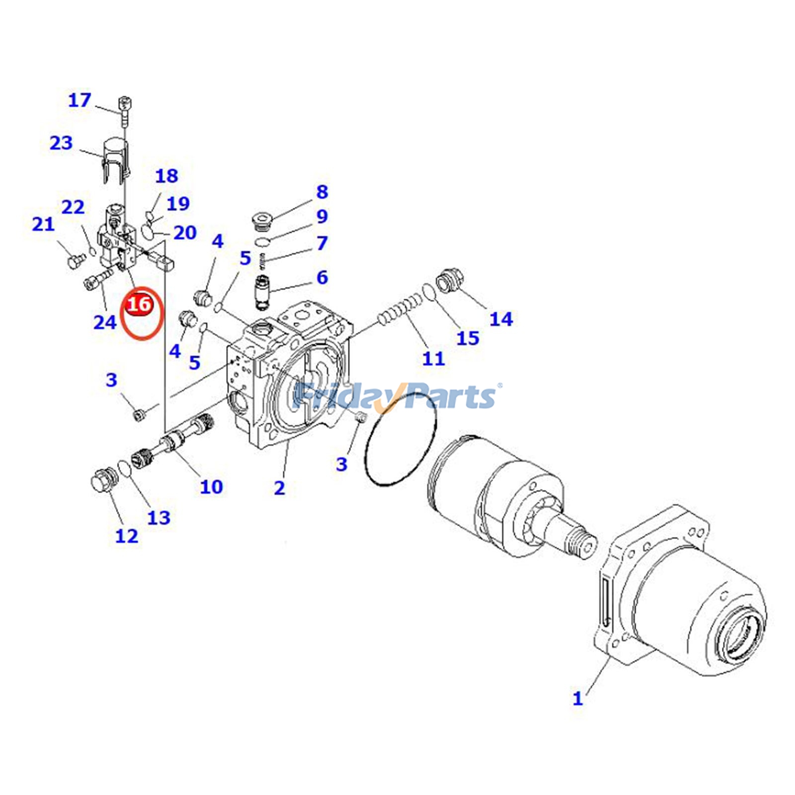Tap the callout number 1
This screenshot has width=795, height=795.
[577, 698]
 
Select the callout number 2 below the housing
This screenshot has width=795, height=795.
[279, 487]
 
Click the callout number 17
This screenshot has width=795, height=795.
[79, 100]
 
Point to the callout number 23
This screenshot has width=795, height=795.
[61, 143]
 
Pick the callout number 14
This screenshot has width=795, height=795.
[501, 318]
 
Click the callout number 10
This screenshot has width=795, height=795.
[211, 486]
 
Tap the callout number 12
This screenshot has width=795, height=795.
[126, 536]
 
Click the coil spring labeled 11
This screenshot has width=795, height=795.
[400, 308]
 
